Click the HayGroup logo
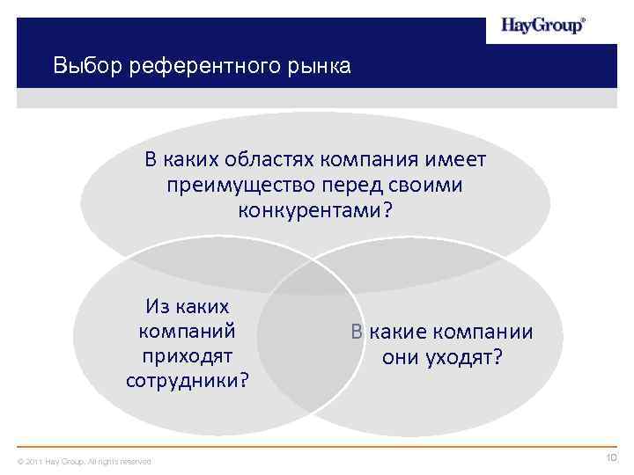click(x=542, y=26)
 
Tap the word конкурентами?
click(x=315, y=211)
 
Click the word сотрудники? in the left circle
click(x=187, y=381)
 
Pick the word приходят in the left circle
click(x=187, y=356)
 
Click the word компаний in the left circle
click(x=187, y=332)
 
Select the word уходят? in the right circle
click(x=468, y=357)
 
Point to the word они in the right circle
click(x=402, y=357)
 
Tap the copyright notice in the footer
click(x=85, y=461)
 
